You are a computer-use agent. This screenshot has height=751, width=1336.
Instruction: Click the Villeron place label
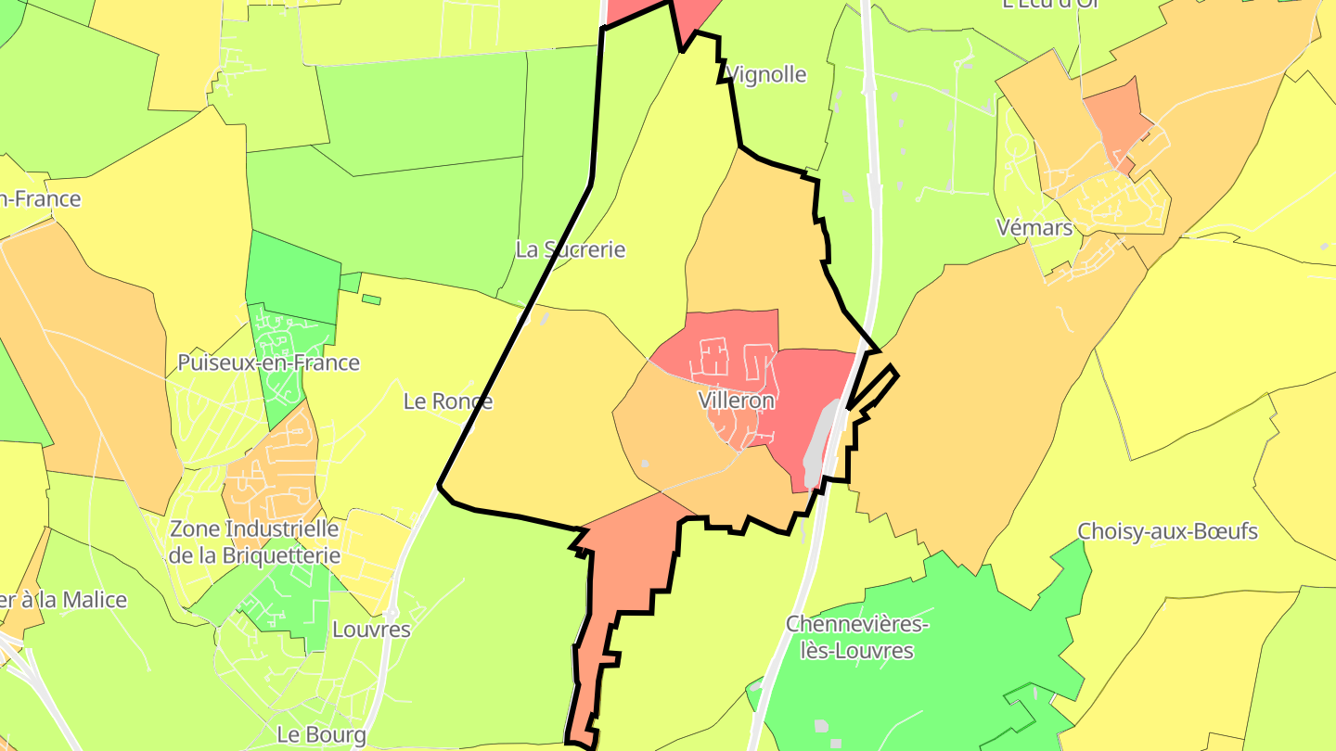click(736, 401)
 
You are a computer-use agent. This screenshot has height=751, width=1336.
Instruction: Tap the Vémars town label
click(1034, 227)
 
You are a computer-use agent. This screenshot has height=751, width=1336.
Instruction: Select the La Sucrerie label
click(571, 249)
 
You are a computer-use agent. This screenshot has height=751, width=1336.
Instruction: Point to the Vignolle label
click(766, 75)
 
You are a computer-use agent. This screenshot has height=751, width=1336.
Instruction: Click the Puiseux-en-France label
click(268, 363)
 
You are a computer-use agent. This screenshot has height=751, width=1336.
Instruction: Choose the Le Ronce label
click(448, 401)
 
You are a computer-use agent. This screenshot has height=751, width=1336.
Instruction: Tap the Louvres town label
click(371, 630)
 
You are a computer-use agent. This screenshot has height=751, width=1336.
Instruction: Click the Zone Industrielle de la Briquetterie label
click(254, 541)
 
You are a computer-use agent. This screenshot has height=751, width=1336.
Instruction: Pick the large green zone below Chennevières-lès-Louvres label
click(918, 686)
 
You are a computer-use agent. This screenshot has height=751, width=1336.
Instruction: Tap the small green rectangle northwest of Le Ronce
click(371, 299)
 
